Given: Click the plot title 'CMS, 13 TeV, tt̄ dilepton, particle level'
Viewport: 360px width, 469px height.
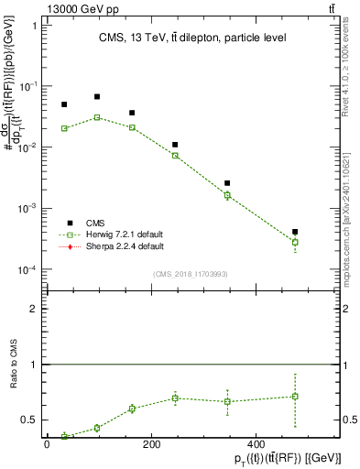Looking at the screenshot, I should (x=192, y=38).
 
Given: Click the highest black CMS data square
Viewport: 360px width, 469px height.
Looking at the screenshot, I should (x=97, y=96).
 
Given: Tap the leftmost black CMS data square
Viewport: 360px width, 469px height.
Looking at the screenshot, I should (x=64, y=104).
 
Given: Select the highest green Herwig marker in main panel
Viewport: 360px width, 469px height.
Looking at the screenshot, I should (x=97, y=117).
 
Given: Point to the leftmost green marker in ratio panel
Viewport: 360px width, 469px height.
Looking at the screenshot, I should (x=64, y=436).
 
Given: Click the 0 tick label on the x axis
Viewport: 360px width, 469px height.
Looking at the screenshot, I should (x=47, y=444).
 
